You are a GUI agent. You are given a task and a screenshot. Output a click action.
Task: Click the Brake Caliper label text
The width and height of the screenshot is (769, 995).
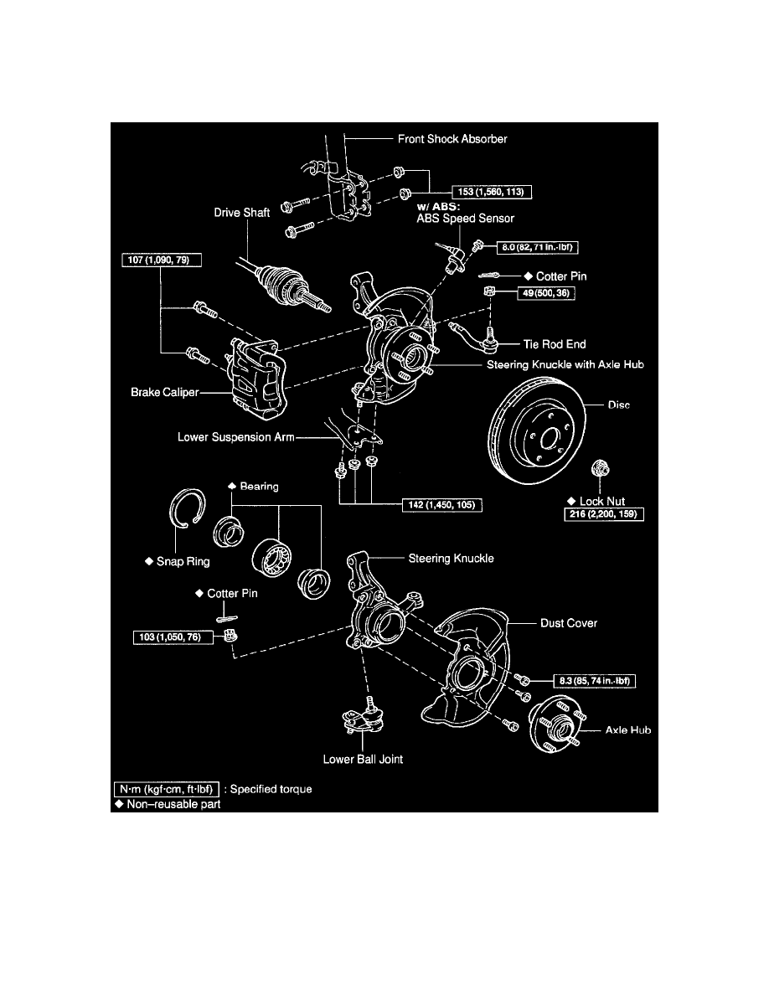[164, 391]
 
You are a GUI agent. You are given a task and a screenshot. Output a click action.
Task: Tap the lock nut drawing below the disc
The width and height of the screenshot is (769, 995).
[600, 468]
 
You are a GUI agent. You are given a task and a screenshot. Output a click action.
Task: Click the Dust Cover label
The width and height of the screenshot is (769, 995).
[569, 623]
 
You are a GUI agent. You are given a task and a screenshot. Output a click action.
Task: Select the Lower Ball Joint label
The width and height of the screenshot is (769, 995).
[363, 760]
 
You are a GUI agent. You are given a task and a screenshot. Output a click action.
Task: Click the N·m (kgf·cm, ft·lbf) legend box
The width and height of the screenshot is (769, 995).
[168, 789]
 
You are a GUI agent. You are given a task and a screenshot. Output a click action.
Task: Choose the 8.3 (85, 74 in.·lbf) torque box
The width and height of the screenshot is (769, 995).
[595, 682]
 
